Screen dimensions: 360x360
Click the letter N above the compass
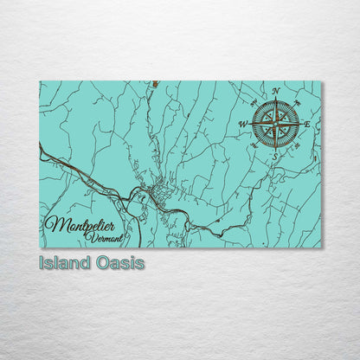click(x=275, y=91)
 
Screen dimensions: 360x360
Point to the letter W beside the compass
click(x=242, y=125)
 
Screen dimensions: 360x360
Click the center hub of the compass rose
click(x=275, y=124)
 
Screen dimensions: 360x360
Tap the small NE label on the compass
click(x=296, y=104)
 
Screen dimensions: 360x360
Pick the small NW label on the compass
click(x=255, y=104)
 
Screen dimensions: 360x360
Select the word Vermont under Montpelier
click(x=106, y=237)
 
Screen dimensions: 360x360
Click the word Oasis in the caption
click(x=120, y=262)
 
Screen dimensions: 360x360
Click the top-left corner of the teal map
click(x=41, y=82)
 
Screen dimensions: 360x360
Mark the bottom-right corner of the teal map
click(x=321, y=247)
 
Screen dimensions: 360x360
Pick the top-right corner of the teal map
click(x=321, y=82)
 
